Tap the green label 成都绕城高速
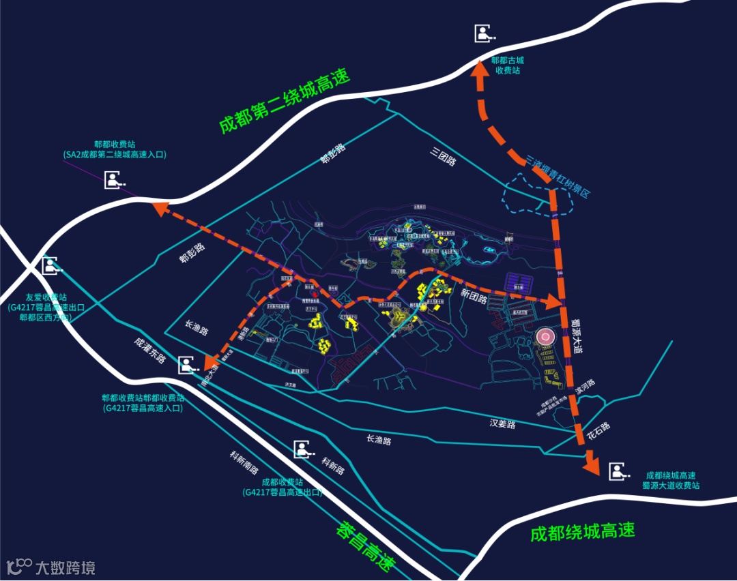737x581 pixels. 582,532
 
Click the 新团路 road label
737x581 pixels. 473,295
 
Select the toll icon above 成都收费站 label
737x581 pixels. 304,449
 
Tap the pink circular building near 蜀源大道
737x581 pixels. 545,338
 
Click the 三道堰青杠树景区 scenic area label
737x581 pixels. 558,176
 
